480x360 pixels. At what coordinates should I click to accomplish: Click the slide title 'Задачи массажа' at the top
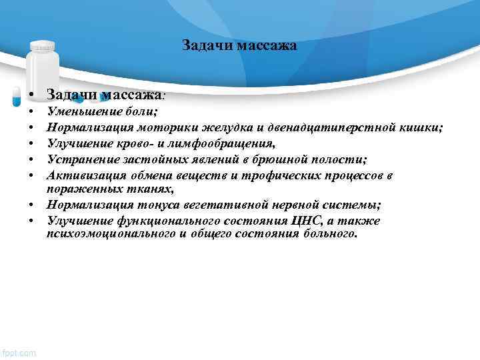point(239,46)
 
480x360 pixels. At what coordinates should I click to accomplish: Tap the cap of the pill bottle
point(43,45)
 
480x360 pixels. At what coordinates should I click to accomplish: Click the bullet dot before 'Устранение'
point(31,159)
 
